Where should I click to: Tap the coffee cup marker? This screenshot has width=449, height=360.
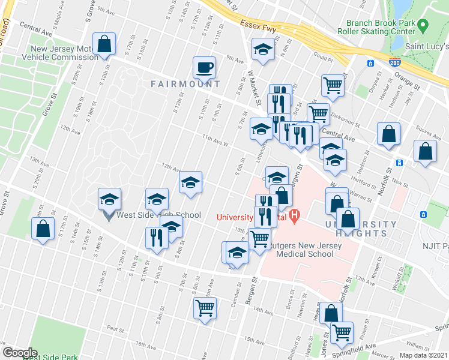[x=204, y=67]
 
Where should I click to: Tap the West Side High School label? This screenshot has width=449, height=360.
[x=159, y=215]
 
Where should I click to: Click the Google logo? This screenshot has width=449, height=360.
[x=19, y=353]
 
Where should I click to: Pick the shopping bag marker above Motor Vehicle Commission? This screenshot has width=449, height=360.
[x=104, y=44]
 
